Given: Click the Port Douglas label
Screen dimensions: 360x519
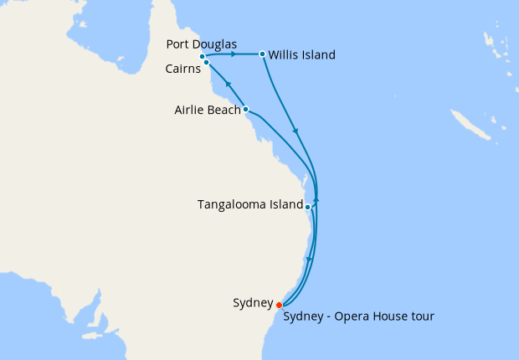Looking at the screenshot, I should (x=202, y=44).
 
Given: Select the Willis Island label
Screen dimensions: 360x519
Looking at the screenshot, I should (x=301, y=55).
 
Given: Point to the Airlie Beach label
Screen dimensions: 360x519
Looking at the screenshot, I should (x=208, y=110).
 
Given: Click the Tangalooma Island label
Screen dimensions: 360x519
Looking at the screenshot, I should (x=249, y=204).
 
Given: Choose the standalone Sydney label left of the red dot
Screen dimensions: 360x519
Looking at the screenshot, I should (x=253, y=302).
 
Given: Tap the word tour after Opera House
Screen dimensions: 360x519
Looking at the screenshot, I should (x=419, y=316).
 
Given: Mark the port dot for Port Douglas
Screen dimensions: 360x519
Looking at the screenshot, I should (x=203, y=57).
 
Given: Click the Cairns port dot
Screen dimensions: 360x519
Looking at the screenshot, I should (x=206, y=63).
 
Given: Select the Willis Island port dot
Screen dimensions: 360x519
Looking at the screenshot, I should (x=263, y=54).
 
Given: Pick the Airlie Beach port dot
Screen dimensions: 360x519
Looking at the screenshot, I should (x=245, y=109).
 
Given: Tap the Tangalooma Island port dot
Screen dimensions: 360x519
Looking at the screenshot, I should (x=308, y=206).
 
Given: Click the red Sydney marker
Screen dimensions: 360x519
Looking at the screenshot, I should (x=279, y=306).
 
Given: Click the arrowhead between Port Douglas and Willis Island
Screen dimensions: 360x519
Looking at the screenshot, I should (x=232, y=54).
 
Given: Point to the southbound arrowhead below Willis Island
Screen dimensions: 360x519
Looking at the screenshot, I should (x=294, y=131).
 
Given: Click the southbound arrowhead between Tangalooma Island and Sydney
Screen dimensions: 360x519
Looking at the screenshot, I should (x=310, y=260).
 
